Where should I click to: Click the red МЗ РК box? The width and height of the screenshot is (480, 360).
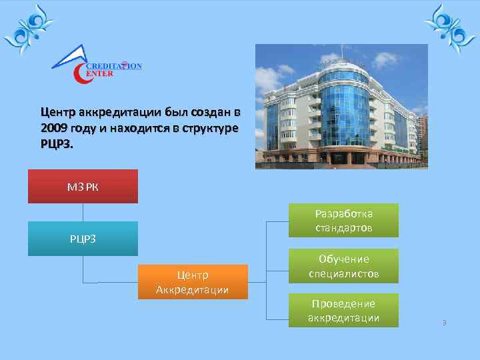coord(83,186)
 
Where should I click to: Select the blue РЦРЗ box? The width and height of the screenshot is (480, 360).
coord(83,239)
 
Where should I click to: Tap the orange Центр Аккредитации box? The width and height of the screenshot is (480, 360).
coord(193,282)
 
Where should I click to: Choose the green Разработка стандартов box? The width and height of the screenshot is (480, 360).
coord(343,221)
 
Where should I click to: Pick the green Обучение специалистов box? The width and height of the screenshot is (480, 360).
coord(343,266)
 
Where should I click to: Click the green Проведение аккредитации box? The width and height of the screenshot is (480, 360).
coord(343,311)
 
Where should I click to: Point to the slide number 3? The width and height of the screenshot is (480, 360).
coord(444,323)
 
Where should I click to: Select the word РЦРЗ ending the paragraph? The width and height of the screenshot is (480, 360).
coord(56,144)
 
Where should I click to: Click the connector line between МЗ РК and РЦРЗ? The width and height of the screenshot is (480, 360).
coord(83,212)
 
